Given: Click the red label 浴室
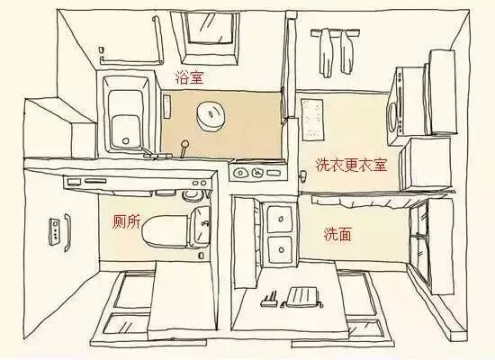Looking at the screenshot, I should click(x=189, y=78).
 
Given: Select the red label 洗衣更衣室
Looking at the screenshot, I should click(x=350, y=166).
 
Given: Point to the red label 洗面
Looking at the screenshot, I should click(x=337, y=234).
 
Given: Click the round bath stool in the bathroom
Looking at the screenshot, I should click(x=213, y=115).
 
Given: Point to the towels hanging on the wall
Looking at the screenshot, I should click(x=335, y=49).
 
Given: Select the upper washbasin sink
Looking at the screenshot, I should click(x=280, y=218).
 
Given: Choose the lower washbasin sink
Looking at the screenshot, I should click(x=280, y=247).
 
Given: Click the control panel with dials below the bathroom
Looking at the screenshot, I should click(x=255, y=170).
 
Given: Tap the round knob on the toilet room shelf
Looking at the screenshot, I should click(x=188, y=192).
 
